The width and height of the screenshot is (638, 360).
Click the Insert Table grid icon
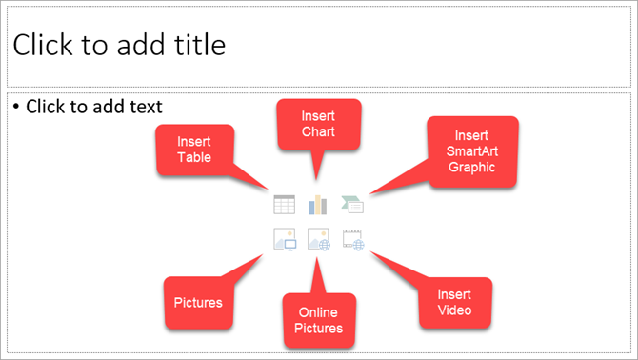(284, 204)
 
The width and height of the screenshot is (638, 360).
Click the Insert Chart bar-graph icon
(318, 204)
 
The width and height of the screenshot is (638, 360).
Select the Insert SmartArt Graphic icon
(353, 204)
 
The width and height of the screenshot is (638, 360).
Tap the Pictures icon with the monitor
(284, 239)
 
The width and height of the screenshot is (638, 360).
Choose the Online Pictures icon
(318, 239)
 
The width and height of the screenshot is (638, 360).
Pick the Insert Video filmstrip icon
(353, 239)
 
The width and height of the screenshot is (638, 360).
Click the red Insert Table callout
(193, 150)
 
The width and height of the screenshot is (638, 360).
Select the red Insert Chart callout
(318, 124)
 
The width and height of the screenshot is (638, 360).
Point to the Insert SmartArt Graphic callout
(472, 151)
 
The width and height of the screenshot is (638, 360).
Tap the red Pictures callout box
(199, 303)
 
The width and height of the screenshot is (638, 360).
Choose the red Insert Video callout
(454, 303)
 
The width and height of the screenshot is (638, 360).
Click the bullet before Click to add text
(17, 107)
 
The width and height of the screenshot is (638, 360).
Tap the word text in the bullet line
(145, 107)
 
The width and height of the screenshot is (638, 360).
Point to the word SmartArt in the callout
(472, 151)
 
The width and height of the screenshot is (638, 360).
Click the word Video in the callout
(454, 310)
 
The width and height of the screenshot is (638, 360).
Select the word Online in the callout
(319, 313)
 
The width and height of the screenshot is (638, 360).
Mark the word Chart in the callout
(318, 130)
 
